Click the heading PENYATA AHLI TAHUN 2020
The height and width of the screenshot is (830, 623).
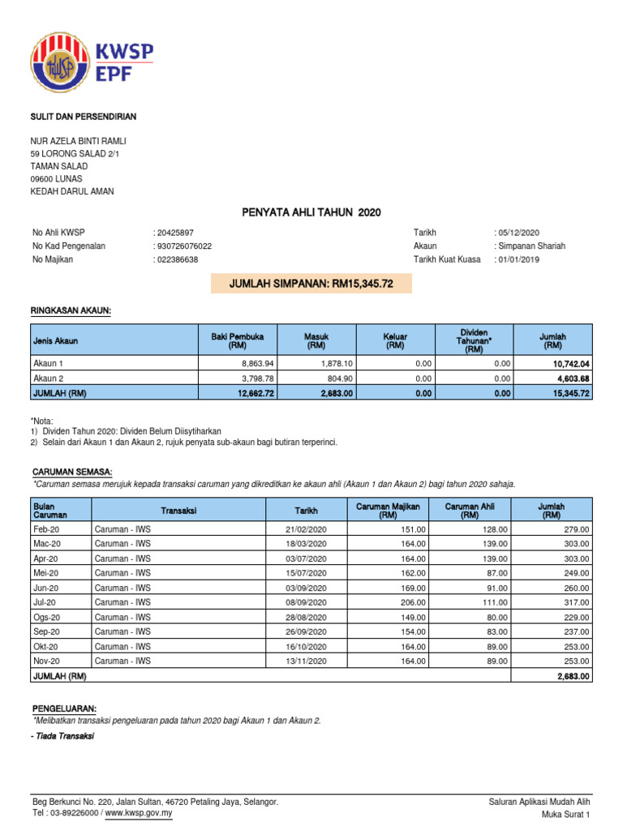[311, 212]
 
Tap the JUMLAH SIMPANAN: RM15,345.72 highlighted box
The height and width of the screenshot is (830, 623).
[311, 284]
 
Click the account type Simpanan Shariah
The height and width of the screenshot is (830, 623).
[532, 246]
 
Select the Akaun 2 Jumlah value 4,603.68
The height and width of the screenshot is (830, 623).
[573, 379]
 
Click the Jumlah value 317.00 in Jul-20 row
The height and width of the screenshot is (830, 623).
[577, 602]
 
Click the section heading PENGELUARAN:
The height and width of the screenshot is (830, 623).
[63, 708]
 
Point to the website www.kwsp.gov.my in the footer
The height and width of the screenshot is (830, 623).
[139, 813]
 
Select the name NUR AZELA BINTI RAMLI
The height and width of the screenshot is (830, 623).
[78, 141]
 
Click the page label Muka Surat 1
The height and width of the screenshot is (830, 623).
[565, 814]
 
